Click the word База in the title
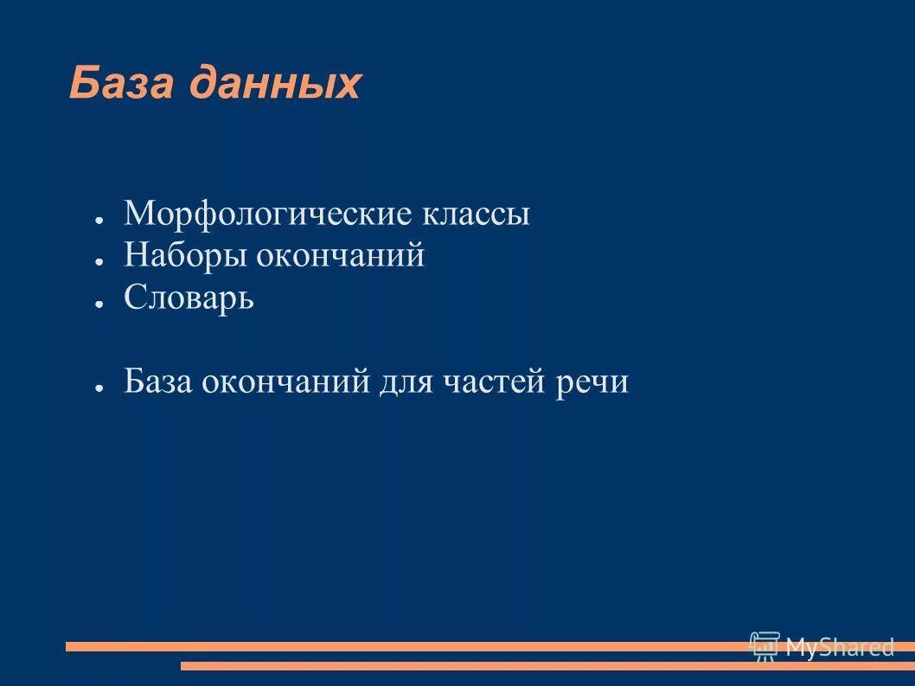click(x=118, y=84)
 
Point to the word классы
click(x=477, y=214)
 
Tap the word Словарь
click(x=189, y=298)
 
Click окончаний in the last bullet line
click(x=286, y=381)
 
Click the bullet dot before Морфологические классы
click(x=100, y=220)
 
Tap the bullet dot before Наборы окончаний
click(x=100, y=261)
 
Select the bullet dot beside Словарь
click(x=100, y=304)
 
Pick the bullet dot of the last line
click(x=100, y=388)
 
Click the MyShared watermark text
click(x=839, y=646)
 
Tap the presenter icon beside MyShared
click(x=765, y=646)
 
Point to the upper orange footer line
click(x=389, y=646)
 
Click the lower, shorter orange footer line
click(x=519, y=666)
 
